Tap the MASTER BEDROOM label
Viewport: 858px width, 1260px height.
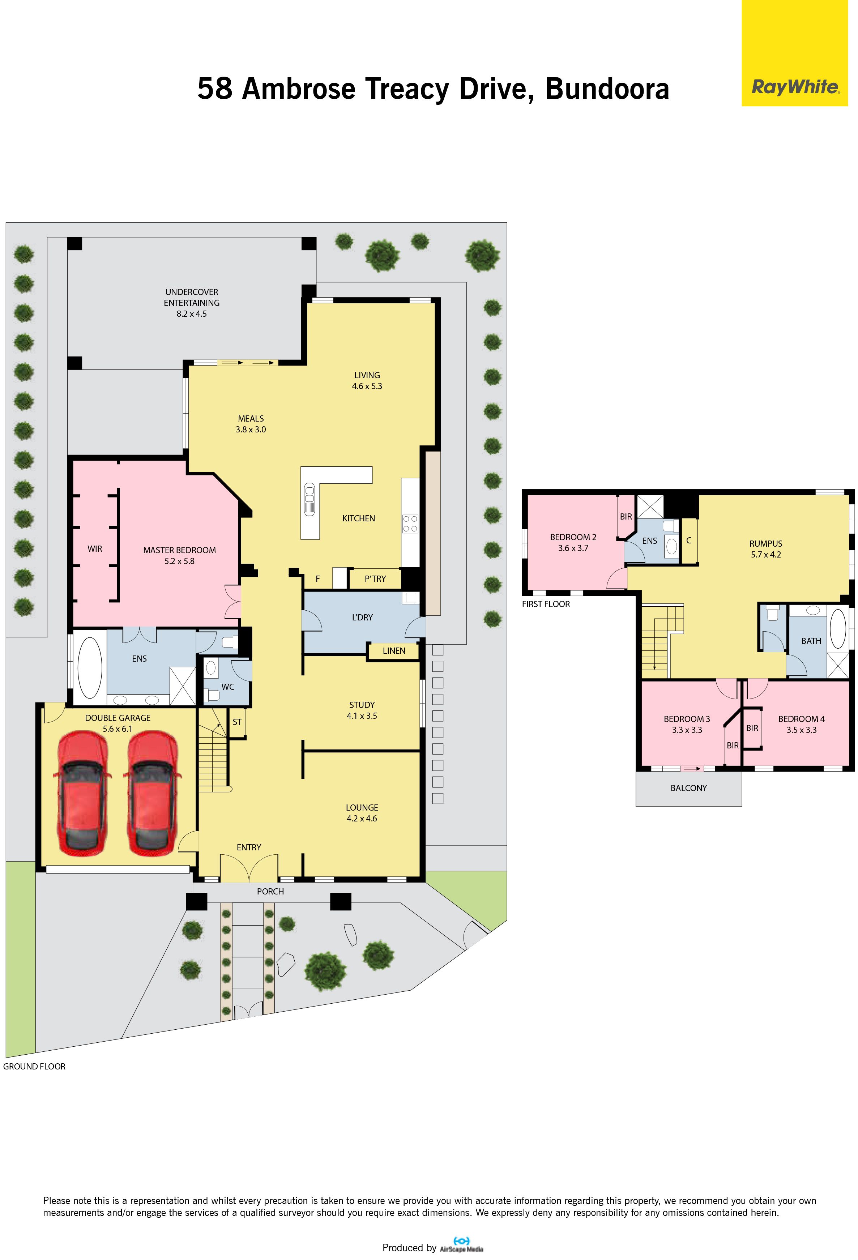point(179,550)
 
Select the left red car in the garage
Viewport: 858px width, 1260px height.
point(82,794)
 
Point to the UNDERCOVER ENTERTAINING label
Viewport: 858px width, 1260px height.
point(192,297)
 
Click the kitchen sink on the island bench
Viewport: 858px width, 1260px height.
point(310,499)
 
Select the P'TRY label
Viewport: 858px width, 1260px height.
point(375,579)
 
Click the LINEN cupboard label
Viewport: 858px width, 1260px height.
point(394,650)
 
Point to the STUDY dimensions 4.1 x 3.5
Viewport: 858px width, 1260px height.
point(362,716)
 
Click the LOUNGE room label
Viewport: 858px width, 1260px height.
point(362,807)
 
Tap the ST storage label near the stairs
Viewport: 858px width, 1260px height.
point(237,722)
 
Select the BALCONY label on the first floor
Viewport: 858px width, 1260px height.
point(688,788)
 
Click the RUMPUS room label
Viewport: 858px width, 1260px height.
point(766,543)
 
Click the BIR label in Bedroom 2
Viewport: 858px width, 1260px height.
point(626,517)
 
